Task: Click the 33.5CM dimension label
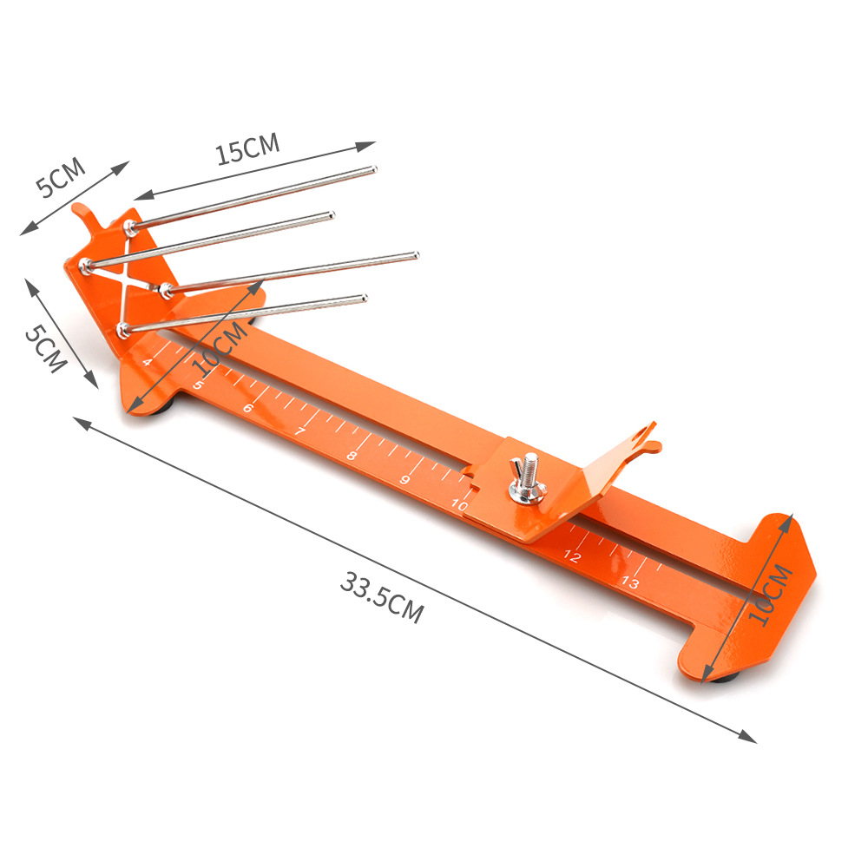pos(382,598)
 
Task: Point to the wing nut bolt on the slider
pos(528,478)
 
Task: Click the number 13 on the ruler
pos(630,582)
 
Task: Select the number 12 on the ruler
pos(572,556)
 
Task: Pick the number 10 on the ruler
pos(459,504)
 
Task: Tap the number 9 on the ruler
pos(404,479)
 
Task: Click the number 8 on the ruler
pos(352,456)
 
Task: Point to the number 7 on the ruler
pos(299,431)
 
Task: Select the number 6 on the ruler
pos(248,408)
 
